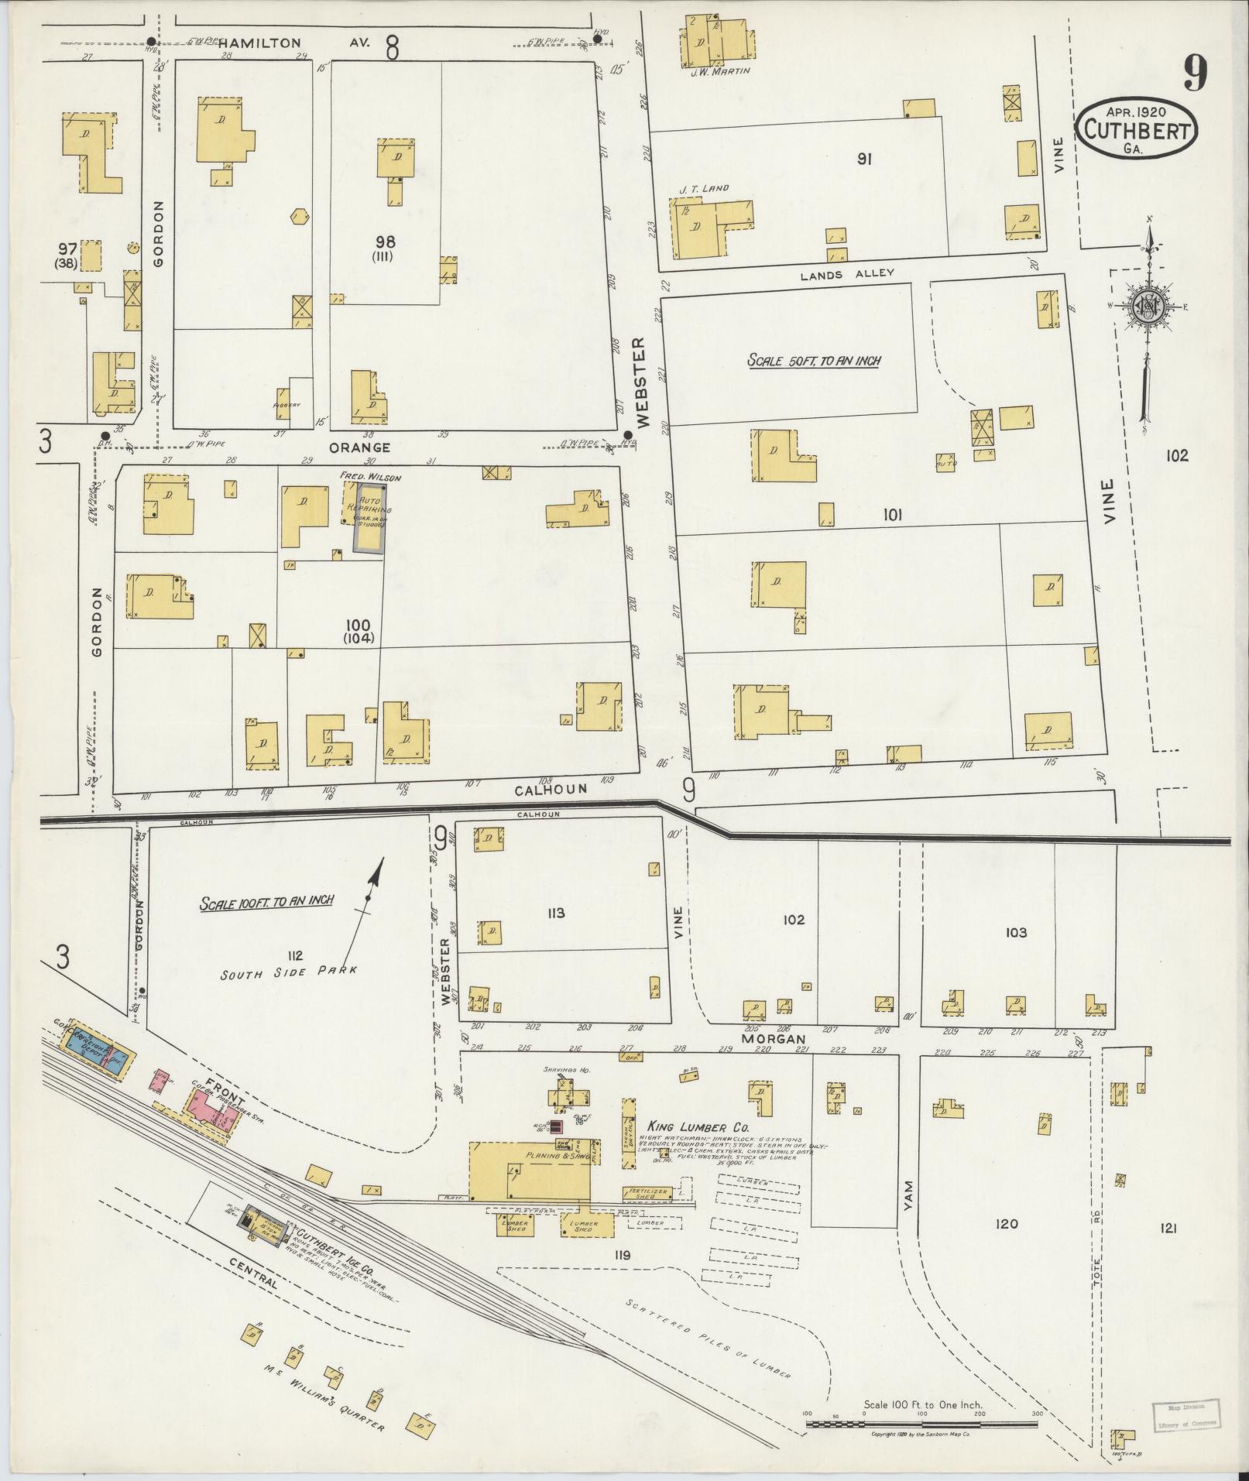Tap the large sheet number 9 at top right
(x=1194, y=75)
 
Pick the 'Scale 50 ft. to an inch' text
(x=814, y=361)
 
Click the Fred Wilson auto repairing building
(x=369, y=516)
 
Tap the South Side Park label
(x=289, y=972)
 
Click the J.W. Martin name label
(x=717, y=71)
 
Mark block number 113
(x=554, y=913)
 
